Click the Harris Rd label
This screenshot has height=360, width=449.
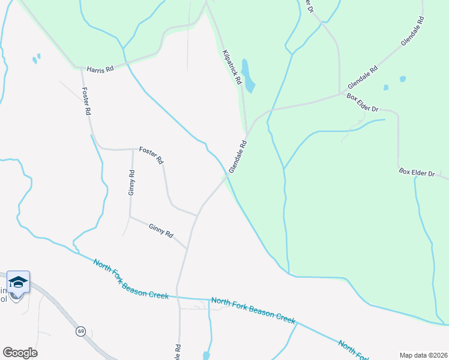tap(100, 70)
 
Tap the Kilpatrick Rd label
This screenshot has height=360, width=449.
tap(231, 67)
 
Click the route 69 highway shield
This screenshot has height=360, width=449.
tap(80, 331)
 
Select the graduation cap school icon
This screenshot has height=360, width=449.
tap(18, 282)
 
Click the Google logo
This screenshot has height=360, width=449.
tap(20, 353)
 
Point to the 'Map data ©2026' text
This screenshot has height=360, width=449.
tap(423, 355)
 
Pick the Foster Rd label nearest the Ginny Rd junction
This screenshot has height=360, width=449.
tap(151, 155)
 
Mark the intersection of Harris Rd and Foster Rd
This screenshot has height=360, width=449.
tap(80, 68)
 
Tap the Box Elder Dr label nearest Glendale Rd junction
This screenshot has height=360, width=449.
tap(363, 104)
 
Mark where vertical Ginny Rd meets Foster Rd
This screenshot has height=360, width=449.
tap(133, 149)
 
